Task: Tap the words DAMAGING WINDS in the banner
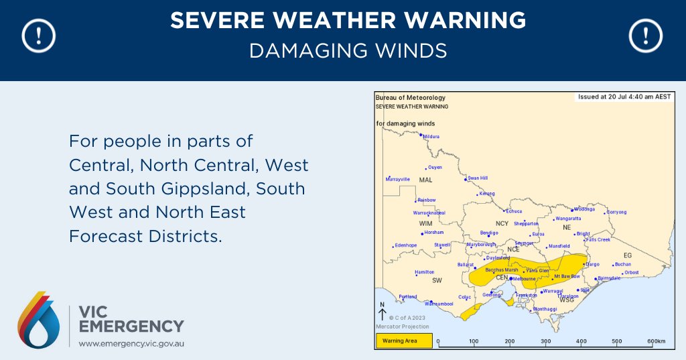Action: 348,50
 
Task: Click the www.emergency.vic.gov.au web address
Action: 131,343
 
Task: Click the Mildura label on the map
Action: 430,137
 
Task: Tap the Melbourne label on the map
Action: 523,278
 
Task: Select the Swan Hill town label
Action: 477,178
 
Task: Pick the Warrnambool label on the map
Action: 439,304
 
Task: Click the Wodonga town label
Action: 584,208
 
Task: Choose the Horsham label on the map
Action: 433,233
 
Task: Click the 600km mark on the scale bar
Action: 656,342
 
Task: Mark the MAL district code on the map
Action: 425,181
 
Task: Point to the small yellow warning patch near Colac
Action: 472,310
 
